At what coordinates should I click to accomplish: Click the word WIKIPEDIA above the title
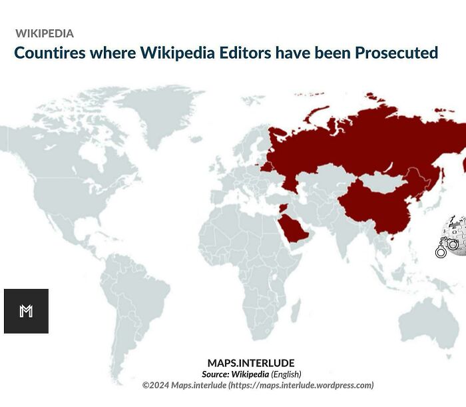point(44,33)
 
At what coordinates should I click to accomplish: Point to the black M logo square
point(26,311)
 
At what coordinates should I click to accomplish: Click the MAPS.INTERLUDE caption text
point(250,364)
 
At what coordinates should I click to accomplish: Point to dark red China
point(376,207)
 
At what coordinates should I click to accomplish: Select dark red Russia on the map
point(373,143)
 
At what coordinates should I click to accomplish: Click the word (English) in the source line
point(286,374)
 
